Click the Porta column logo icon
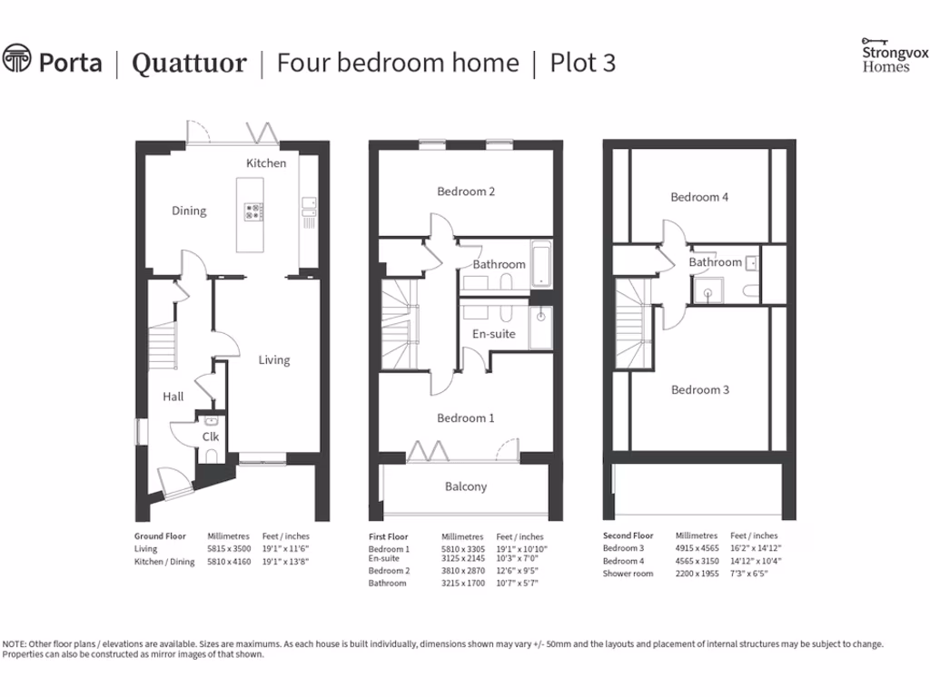coord(16,61)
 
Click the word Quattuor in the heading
coord(189,64)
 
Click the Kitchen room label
coord(266,163)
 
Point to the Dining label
coord(189,211)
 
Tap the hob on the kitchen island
coord(252,211)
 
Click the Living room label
coord(273,360)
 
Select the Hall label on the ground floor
coord(173,397)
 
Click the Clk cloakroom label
coord(211,437)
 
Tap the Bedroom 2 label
coord(466,191)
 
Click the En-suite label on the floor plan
coord(493,334)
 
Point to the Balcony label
coord(466,486)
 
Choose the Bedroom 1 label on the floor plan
coord(466,418)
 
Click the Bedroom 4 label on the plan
coord(699,197)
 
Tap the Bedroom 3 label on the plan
coord(700,390)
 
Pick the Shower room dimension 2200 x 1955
coord(695,574)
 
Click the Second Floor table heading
coord(628,536)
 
